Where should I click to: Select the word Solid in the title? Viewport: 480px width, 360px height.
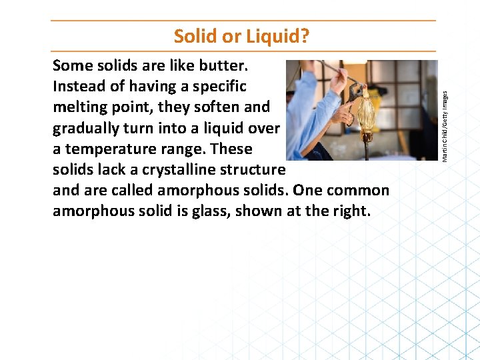(x=195, y=36)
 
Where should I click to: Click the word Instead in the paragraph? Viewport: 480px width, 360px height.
(x=79, y=86)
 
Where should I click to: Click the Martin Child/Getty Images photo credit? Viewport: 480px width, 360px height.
(x=445, y=109)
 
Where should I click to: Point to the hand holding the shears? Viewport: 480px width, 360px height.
(x=347, y=113)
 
